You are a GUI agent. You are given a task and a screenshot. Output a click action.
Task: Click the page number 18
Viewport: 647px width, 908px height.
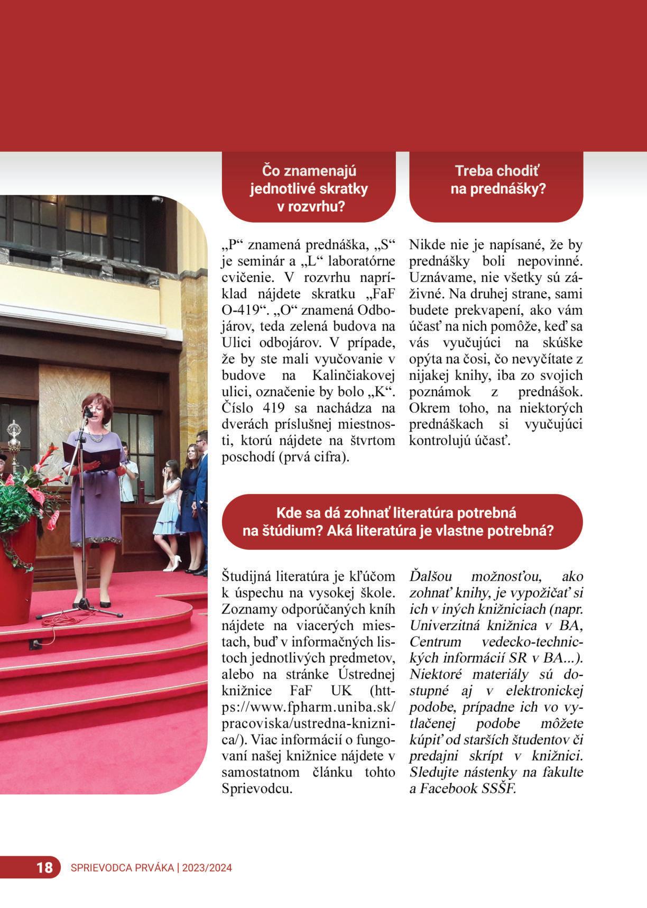[x=45, y=867]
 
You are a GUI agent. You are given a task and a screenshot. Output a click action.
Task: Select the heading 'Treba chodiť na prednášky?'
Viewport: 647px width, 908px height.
[x=497, y=180]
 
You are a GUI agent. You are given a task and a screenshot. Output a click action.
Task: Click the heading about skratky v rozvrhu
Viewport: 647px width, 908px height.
[x=309, y=188]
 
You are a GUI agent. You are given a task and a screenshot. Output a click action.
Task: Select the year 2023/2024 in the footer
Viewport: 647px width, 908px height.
[x=207, y=868]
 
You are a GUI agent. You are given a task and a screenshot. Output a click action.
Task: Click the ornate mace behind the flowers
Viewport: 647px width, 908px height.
[x=14, y=439]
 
